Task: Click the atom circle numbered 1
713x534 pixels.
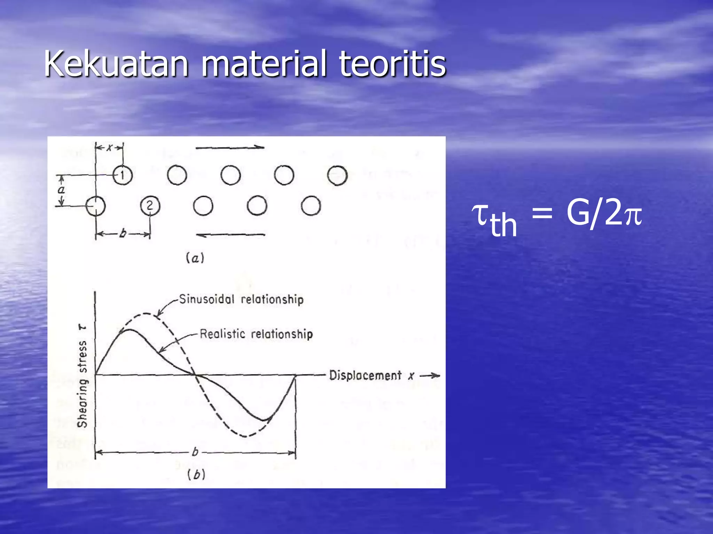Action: [x=123, y=175]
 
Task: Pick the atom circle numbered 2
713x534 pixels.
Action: [x=150, y=206]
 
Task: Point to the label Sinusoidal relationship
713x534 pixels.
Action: [x=241, y=299]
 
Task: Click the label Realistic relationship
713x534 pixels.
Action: [x=256, y=334]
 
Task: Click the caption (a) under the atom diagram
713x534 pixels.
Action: [x=195, y=258]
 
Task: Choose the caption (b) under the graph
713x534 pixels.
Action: [x=196, y=475]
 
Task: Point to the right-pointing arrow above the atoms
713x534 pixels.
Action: [x=230, y=147]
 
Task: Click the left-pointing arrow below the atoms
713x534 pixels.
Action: [x=230, y=235]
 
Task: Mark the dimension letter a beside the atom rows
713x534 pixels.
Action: [x=62, y=190]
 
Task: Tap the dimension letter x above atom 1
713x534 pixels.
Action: [x=109, y=148]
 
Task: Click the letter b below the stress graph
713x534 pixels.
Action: [x=195, y=452]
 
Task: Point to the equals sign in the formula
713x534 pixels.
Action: [x=542, y=213]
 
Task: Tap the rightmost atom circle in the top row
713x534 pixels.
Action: [x=337, y=175]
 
